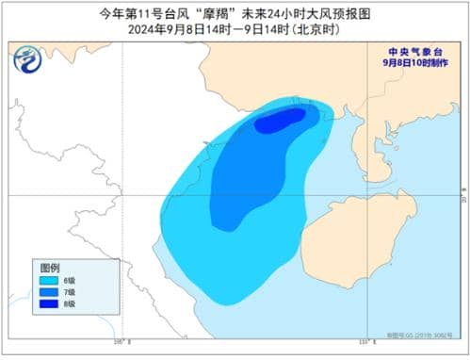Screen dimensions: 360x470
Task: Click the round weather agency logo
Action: coord(27,61)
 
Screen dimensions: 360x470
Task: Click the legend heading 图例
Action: coord(50,268)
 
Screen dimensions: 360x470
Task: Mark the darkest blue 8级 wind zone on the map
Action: coord(281,121)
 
